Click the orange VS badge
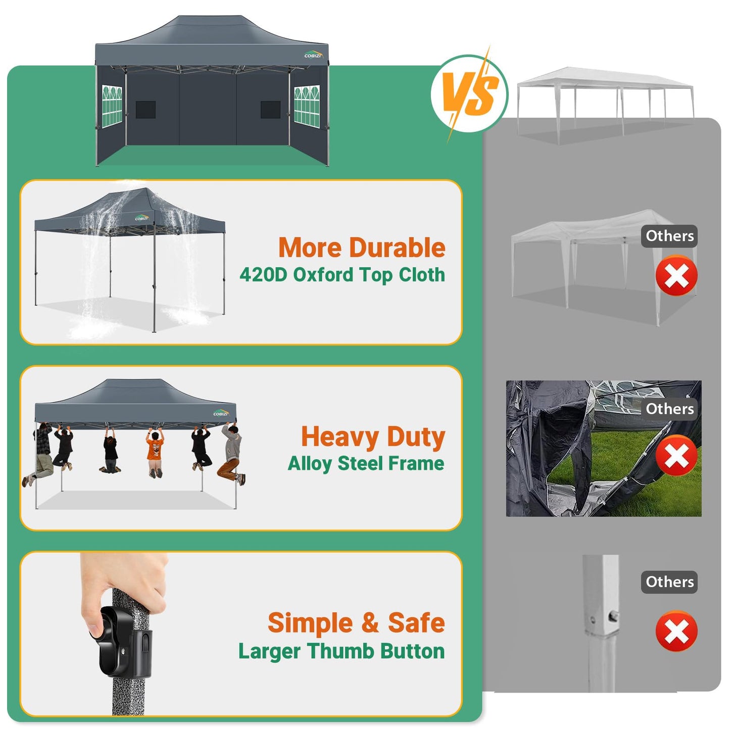coord(469,94)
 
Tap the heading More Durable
coord(362,248)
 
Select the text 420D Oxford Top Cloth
coord(342,275)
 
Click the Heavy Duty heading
coord(373,436)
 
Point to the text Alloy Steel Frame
coord(366,463)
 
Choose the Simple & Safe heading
coord(356,622)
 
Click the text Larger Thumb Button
coord(342,651)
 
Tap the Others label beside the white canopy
coord(669,236)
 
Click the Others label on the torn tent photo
coord(669,409)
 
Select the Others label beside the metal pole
coord(669,582)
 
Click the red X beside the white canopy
coord(676,276)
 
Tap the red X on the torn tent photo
coord(676,456)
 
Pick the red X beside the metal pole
coord(676,631)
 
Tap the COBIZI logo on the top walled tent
coord(313,55)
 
